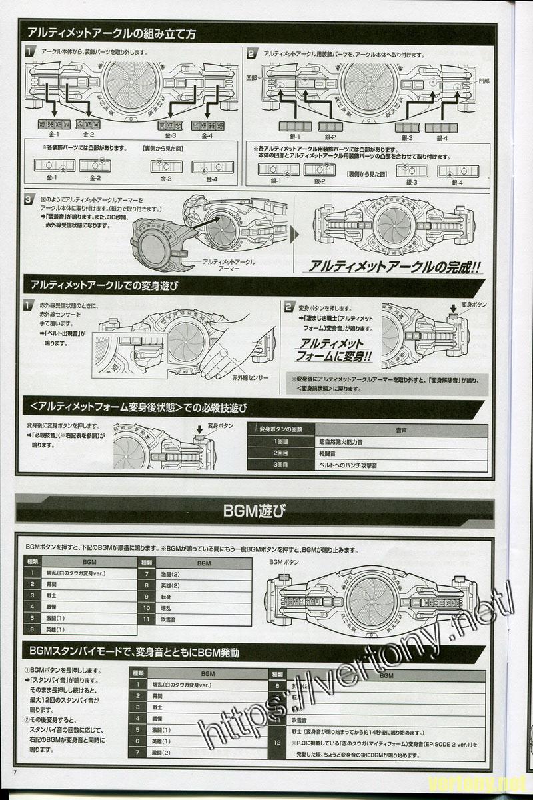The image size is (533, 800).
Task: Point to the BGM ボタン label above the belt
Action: [x=284, y=563]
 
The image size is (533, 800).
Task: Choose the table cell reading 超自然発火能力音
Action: [x=342, y=441]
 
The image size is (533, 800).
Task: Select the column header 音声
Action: [x=402, y=429]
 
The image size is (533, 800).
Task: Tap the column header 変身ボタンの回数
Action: [x=280, y=429]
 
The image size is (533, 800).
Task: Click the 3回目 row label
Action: [x=280, y=465]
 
